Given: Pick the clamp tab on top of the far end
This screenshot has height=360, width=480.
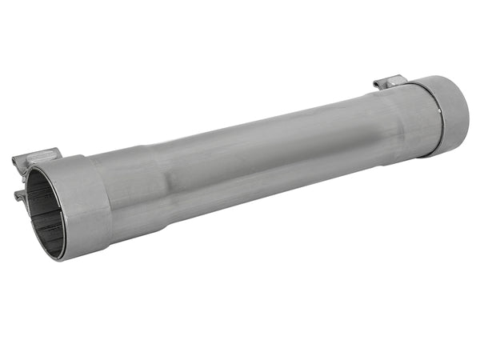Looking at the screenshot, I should (x=391, y=82).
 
